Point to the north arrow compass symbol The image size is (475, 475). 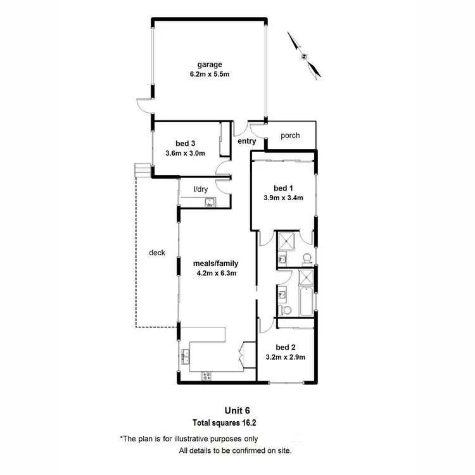tap(304, 56)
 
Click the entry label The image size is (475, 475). tap(246, 141)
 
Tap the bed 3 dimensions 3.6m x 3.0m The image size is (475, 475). tap(185, 153)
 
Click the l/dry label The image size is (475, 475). tap(200, 189)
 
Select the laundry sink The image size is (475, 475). tap(210, 203)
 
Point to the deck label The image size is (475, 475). tap(156, 253)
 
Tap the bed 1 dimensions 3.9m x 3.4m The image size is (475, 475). tap(283, 198)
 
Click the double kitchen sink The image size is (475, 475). tap(186, 357)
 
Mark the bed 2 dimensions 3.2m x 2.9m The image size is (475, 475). tap(285, 357)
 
